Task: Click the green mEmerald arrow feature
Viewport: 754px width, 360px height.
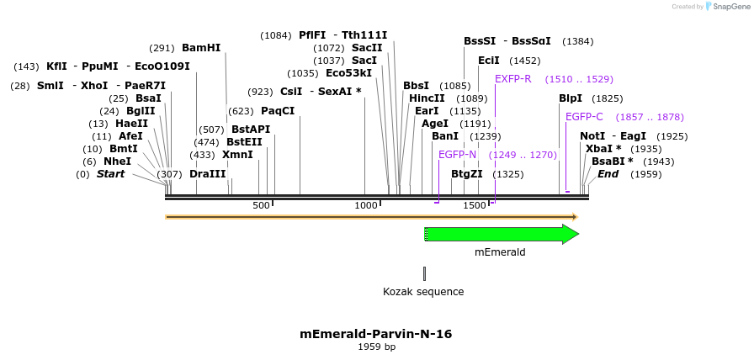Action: [501, 234]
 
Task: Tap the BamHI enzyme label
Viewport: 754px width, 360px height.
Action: [201, 48]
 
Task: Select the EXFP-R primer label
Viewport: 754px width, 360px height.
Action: [512, 79]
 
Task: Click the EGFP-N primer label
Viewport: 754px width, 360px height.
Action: [457, 155]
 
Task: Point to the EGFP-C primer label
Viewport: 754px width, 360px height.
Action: [584, 117]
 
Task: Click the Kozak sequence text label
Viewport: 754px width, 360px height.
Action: [423, 292]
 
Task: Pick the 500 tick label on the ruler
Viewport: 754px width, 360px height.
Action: [261, 206]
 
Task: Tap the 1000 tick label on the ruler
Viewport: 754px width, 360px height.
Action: [366, 206]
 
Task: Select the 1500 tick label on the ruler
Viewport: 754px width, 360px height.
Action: [475, 206]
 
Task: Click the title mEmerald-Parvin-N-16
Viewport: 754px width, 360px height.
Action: [376, 334]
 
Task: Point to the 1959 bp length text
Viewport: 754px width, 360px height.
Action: [376, 347]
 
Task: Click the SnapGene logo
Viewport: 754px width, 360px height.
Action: [725, 7]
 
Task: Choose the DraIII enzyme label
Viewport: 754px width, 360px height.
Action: [207, 174]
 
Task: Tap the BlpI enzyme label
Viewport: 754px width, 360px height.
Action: [571, 98]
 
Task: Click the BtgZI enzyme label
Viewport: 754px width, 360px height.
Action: [467, 174]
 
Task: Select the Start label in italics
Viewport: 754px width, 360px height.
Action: [110, 174]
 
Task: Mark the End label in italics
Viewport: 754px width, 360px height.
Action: [608, 174]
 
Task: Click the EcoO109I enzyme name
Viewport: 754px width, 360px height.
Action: [157, 66]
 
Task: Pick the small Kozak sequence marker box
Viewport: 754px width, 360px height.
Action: [424, 273]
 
